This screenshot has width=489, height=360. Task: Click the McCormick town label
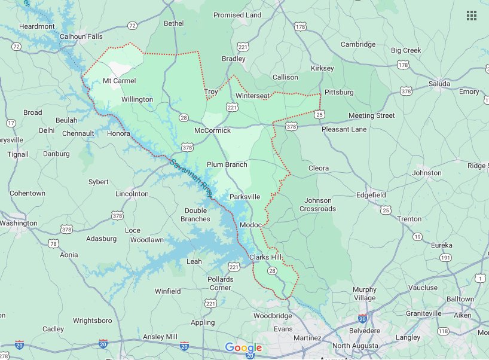[212, 130]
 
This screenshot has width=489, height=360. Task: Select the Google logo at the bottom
[244, 348]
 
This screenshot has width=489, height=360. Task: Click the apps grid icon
[471, 16]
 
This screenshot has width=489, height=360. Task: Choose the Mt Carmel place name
[120, 81]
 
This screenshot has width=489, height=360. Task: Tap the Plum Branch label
[227, 164]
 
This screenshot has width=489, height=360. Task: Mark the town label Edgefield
[371, 195]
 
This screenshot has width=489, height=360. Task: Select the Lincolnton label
[132, 194]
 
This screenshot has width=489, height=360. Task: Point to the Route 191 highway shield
[445, 258]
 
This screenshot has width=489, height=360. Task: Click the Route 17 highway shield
[11, 123]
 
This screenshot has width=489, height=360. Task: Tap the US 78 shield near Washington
[54, 243]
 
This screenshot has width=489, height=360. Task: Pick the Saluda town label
[439, 84]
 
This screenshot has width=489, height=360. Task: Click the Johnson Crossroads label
[317, 205]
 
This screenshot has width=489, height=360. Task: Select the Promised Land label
[237, 15]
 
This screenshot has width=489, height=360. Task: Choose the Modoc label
[250, 224]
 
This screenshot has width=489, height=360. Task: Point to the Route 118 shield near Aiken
[443, 331]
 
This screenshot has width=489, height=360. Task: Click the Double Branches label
[197, 215]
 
